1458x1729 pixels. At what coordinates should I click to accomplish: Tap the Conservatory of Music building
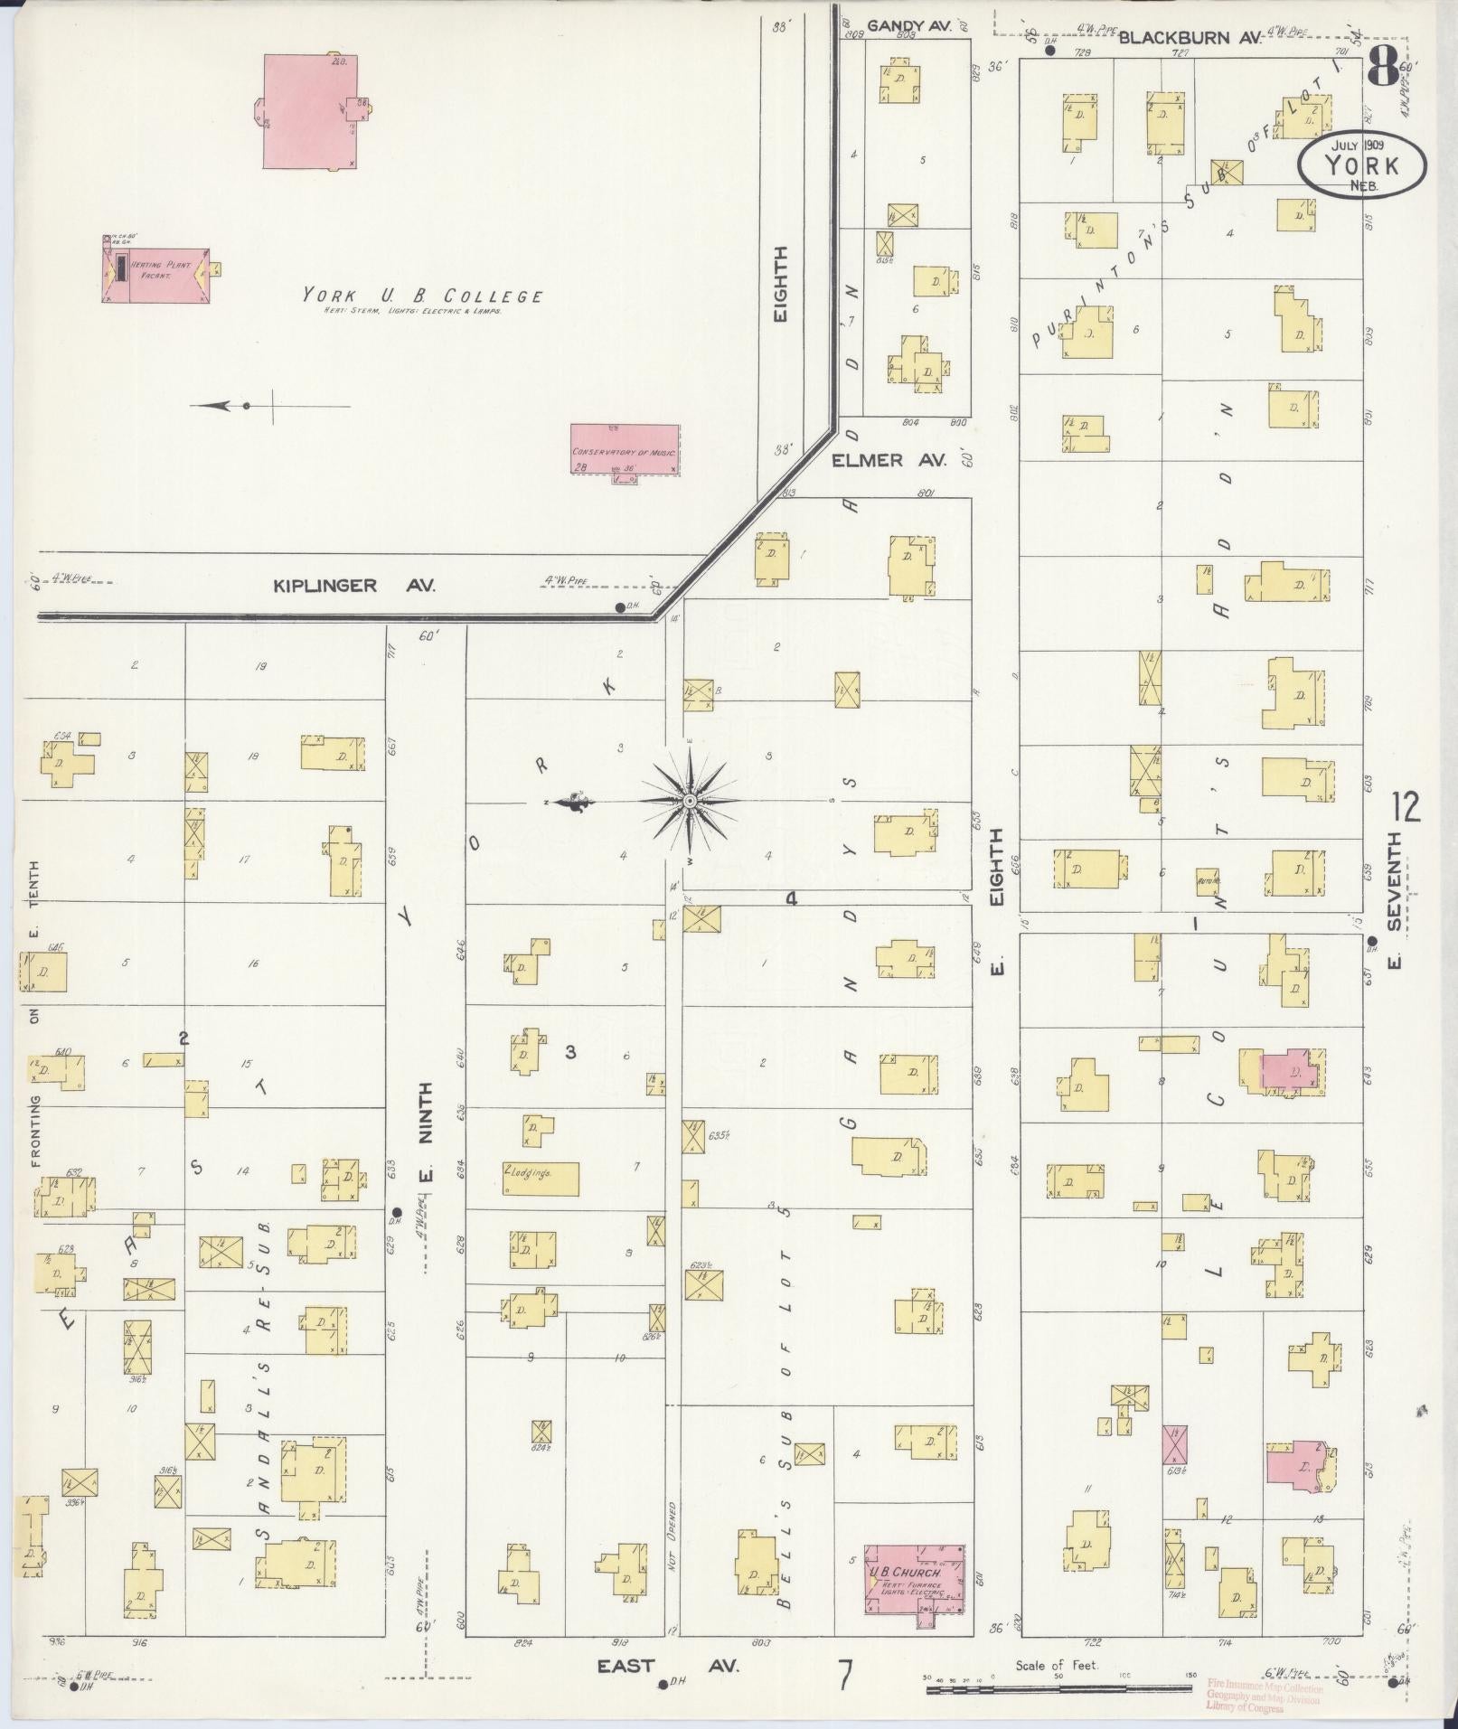(x=625, y=449)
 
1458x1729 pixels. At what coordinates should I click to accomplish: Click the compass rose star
(x=689, y=802)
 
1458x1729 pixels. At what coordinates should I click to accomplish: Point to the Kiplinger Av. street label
(x=354, y=586)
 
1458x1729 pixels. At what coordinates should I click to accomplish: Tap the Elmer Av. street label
(x=889, y=460)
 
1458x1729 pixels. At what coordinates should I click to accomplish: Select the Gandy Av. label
(x=909, y=26)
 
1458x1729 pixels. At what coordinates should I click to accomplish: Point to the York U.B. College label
(x=422, y=296)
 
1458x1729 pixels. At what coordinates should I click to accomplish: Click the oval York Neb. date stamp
(x=1361, y=165)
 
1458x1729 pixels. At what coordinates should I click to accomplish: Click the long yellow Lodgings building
(x=541, y=1179)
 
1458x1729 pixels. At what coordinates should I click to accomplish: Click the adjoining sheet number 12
(x=1406, y=807)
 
